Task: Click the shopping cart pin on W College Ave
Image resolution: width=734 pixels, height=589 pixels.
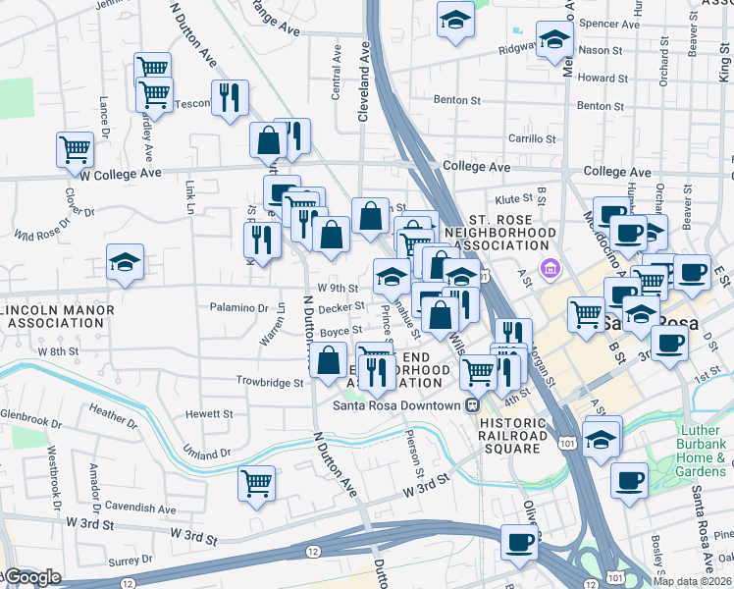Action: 75,150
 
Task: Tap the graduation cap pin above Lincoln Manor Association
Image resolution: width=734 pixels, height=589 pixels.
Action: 125,263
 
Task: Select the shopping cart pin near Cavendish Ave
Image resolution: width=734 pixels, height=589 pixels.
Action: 256,482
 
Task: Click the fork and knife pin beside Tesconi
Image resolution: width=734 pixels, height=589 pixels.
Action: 230,98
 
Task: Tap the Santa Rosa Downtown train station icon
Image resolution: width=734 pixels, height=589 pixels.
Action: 472,404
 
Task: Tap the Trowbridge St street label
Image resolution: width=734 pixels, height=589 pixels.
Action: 270,381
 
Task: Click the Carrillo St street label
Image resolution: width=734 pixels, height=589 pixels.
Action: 532,139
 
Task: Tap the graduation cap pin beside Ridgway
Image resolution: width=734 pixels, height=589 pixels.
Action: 554,41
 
